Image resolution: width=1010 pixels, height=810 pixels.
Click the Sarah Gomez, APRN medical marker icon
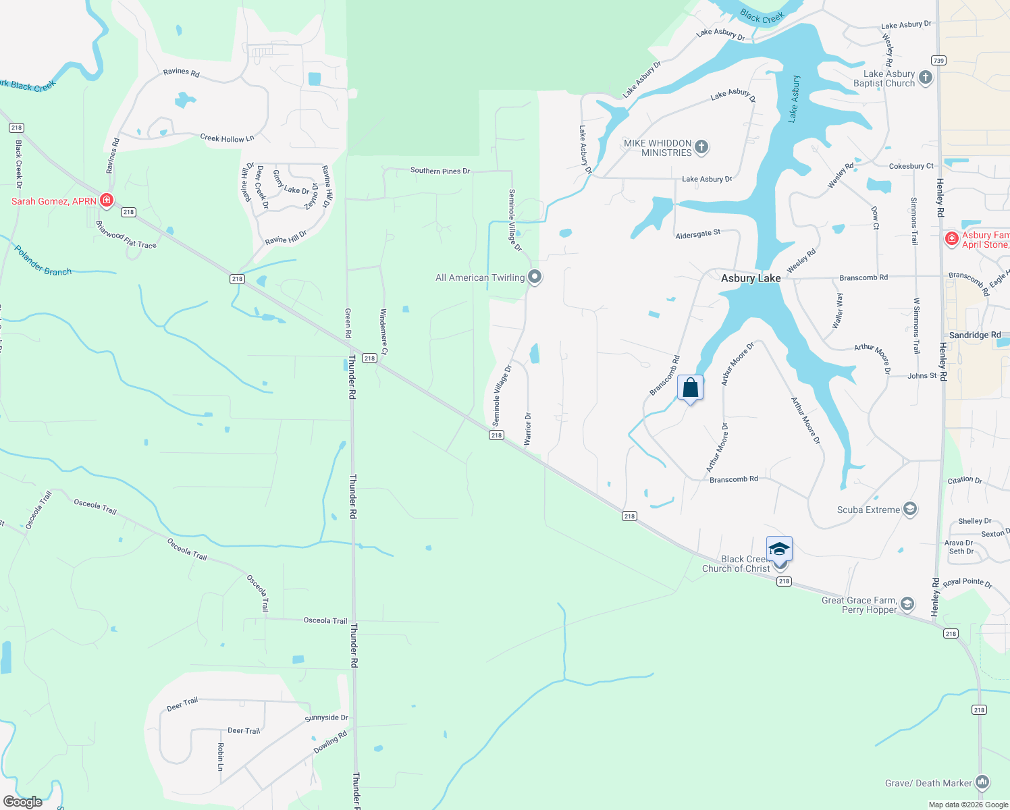coord(106,200)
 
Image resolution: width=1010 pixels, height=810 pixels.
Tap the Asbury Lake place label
coord(750,278)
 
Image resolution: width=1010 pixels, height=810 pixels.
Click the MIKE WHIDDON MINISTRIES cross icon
coord(701,147)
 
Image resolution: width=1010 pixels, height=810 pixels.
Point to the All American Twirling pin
coord(535,277)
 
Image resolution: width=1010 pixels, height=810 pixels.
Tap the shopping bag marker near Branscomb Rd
coord(690,388)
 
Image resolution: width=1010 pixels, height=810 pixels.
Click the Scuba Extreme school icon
coord(909,509)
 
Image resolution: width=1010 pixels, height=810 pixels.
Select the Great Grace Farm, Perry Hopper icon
coord(907,604)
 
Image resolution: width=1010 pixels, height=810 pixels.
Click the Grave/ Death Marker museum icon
coord(982,782)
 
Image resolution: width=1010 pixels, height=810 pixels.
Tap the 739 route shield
coord(938,61)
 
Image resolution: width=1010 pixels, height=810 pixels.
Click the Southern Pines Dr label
coord(440,171)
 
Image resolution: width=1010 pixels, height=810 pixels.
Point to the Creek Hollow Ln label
coord(227,138)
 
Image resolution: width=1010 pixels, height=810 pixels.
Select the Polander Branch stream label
coord(43,261)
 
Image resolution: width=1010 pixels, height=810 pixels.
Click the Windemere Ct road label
coord(383,331)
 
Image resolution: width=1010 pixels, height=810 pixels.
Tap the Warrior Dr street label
coord(528,429)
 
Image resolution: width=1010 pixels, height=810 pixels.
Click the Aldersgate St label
coord(698,234)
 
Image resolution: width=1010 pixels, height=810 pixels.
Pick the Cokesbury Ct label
coord(911,166)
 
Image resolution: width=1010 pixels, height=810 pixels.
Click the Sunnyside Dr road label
coord(326,718)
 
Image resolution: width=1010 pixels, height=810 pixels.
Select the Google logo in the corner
coord(23,801)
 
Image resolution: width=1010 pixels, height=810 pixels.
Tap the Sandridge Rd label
coord(975,335)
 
